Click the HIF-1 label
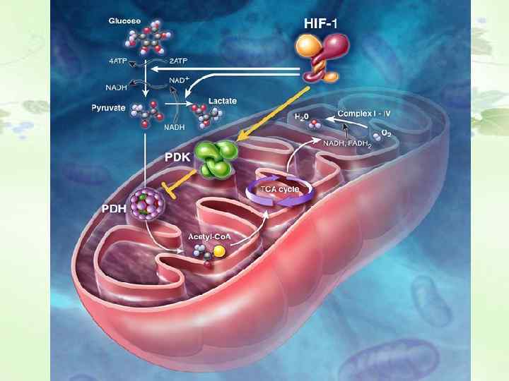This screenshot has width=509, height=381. tap(321, 23)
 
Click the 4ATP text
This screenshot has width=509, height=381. tap(118, 61)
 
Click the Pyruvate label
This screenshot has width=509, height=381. tap(108, 108)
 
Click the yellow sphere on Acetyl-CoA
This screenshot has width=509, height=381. tap(220, 251)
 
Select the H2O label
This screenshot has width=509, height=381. tap(302, 115)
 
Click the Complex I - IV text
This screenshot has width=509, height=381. tap(365, 113)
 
